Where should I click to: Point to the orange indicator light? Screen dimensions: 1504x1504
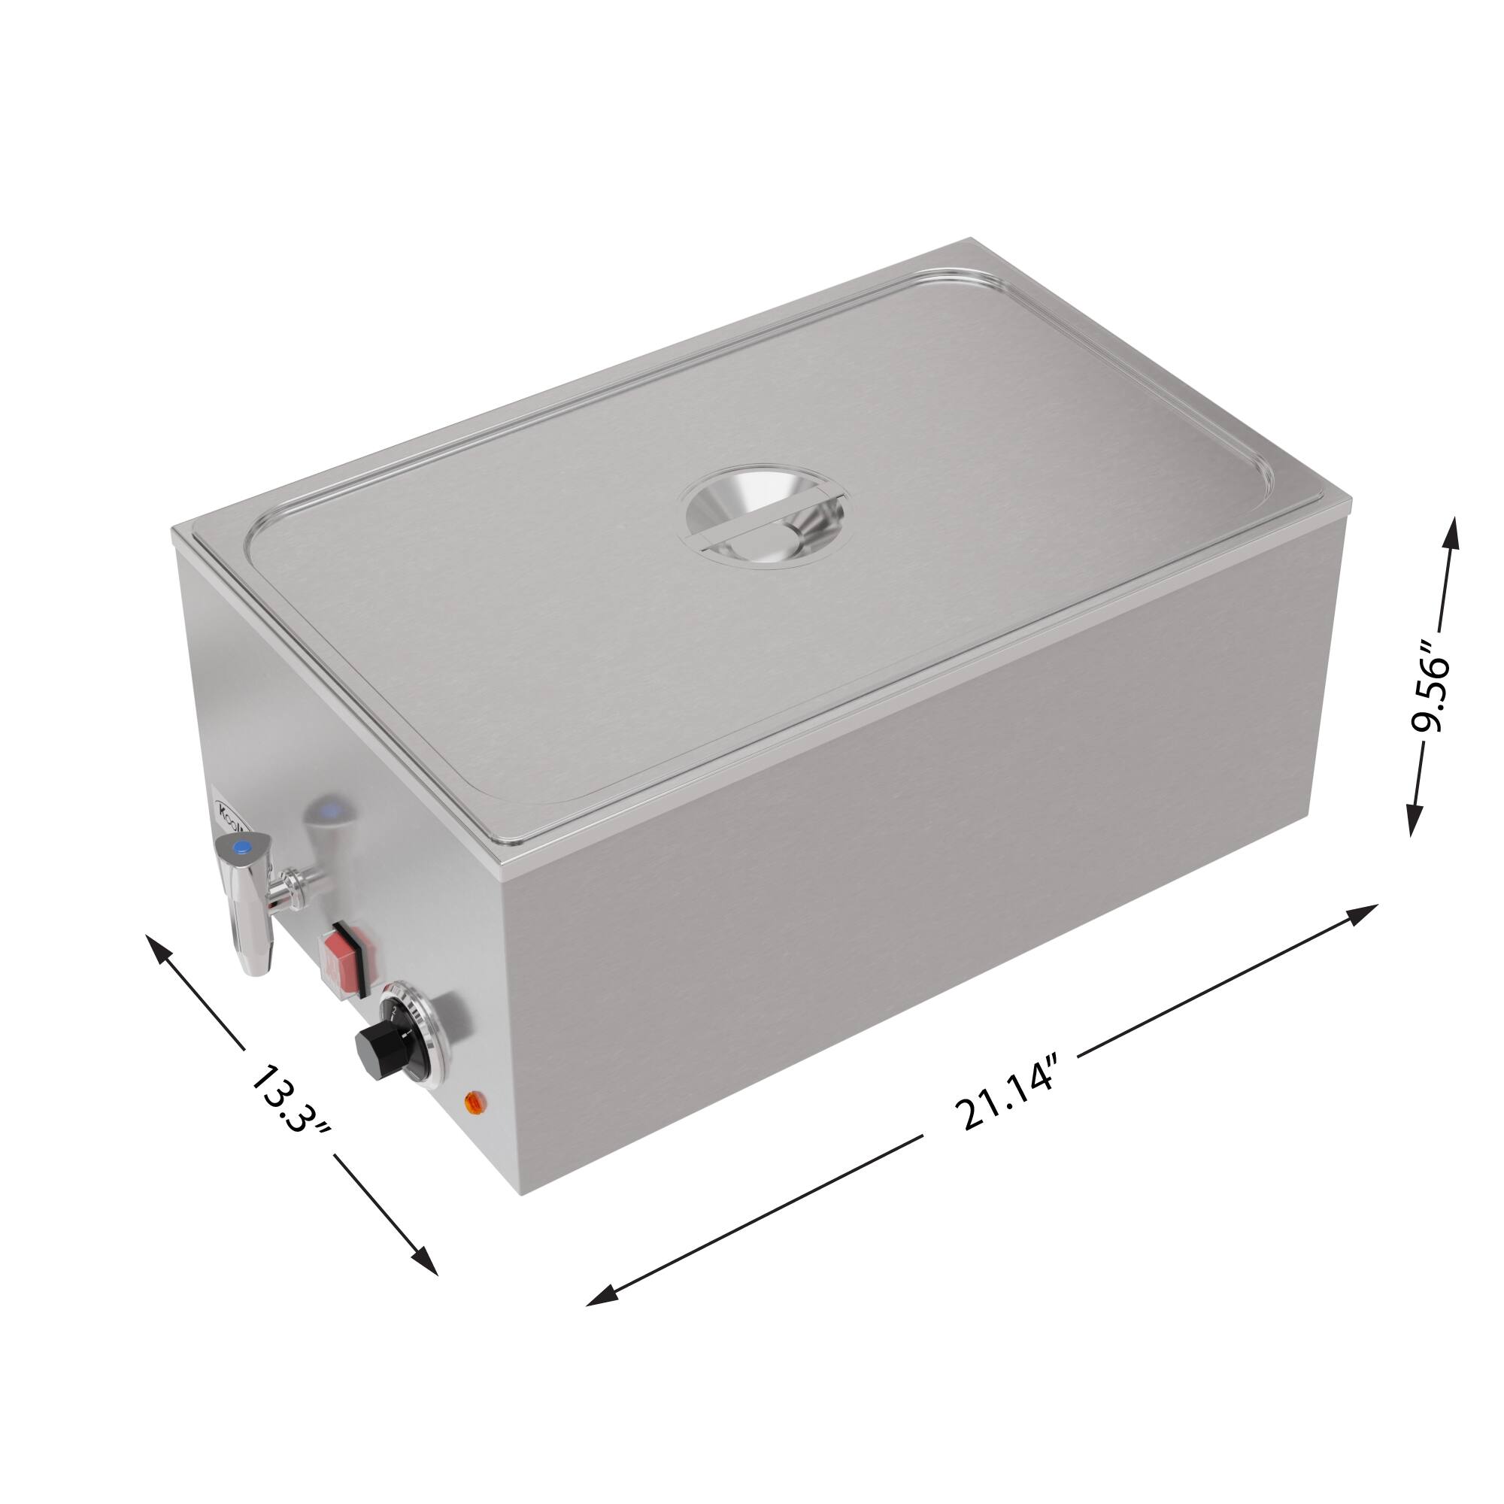[472, 1102]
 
